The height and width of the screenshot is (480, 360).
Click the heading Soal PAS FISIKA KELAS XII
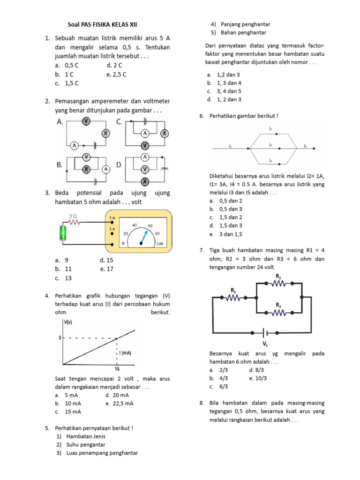[x=102, y=24]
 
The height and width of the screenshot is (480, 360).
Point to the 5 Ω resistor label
[x=74, y=216]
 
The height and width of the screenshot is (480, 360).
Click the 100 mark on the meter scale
[x=160, y=244]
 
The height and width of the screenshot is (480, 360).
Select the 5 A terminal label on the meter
[x=112, y=218]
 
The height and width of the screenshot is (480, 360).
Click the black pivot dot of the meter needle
[x=141, y=243]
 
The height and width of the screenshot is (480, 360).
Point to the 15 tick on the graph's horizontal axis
[x=117, y=369]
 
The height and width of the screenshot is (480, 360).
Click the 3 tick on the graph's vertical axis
[x=60, y=337]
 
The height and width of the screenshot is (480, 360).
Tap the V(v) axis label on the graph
[x=68, y=322]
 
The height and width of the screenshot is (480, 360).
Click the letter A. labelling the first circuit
[x=60, y=121]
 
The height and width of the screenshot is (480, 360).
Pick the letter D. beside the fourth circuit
[x=119, y=165]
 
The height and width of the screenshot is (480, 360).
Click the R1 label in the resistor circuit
[x=233, y=290]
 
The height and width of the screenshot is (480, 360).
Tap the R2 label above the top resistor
[x=278, y=276]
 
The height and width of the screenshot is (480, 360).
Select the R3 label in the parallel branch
[x=278, y=305]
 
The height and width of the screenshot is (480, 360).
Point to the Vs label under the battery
[x=265, y=344]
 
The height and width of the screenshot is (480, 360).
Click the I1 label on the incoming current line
[x=230, y=146]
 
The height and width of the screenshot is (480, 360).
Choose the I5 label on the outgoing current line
[x=305, y=146]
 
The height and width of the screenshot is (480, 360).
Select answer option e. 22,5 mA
[x=120, y=403]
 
